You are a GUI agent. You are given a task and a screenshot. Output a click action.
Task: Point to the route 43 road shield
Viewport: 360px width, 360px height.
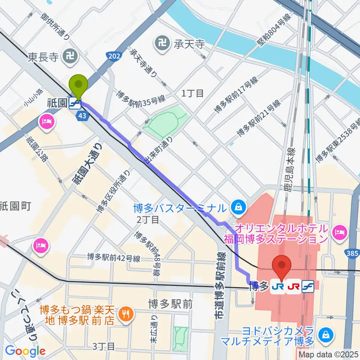pos(83,117)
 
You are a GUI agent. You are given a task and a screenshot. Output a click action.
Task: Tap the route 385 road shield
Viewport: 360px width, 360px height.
pos(352,254)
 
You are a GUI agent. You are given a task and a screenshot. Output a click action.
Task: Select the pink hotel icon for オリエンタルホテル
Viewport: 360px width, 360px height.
pos(340,232)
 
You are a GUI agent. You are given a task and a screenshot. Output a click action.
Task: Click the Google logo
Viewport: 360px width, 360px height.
pos(25,351)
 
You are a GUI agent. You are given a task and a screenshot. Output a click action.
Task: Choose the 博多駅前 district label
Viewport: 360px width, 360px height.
pos(170,303)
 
